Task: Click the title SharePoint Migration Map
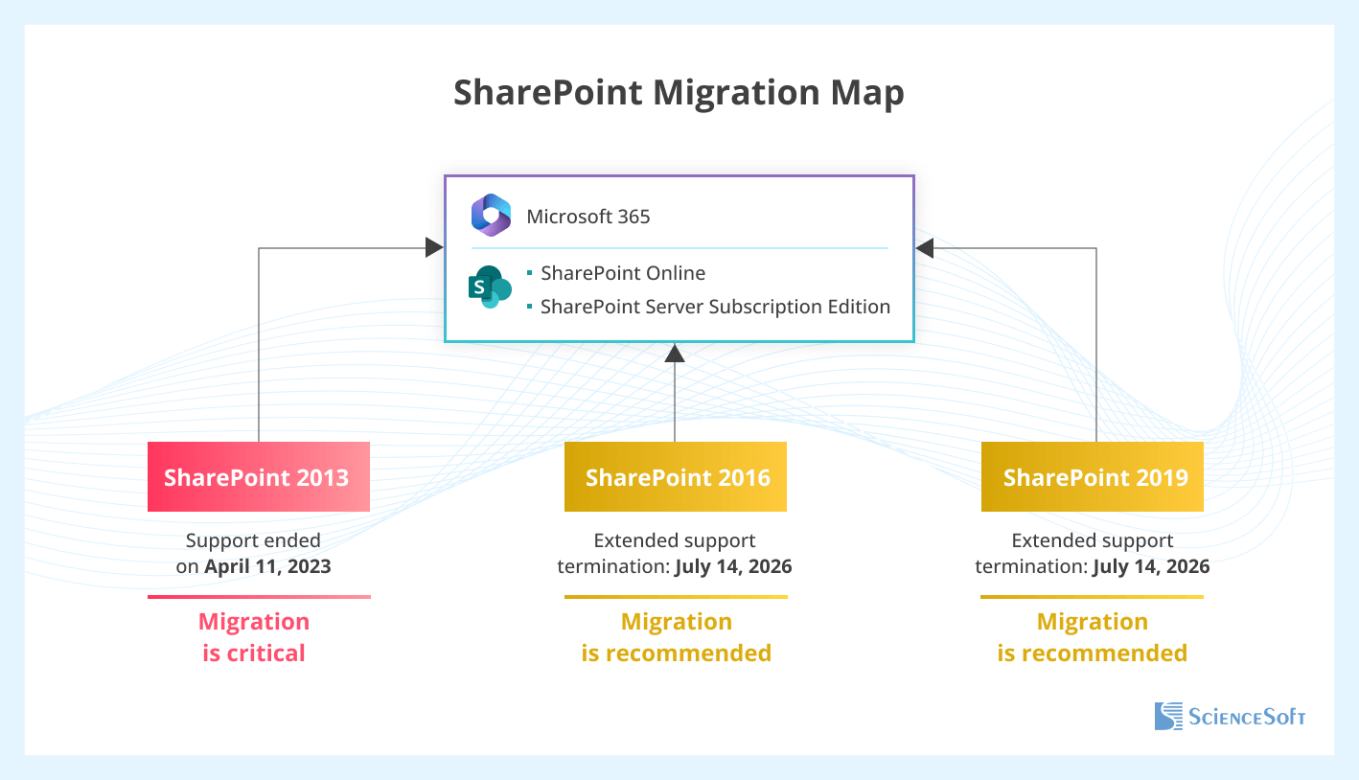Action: (679, 93)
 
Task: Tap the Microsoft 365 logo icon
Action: (491, 215)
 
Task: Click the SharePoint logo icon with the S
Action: (489, 287)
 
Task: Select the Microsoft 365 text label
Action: (588, 217)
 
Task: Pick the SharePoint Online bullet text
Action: (623, 273)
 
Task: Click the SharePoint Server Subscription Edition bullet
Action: (715, 307)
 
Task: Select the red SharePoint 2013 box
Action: (258, 476)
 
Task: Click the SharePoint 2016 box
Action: (676, 476)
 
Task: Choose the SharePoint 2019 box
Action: (1093, 476)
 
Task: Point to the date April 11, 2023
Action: (267, 566)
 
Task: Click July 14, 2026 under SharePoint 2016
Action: (733, 566)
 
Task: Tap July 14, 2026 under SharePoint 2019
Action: (1151, 566)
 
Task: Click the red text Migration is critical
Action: (254, 637)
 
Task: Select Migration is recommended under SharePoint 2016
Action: (676, 637)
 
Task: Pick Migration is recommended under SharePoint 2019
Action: (1093, 637)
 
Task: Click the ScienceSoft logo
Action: (1230, 716)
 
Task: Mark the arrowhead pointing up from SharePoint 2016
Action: (675, 353)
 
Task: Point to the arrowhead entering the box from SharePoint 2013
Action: (435, 248)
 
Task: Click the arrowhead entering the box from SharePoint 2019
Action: (925, 248)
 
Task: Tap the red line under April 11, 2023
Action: (259, 597)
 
